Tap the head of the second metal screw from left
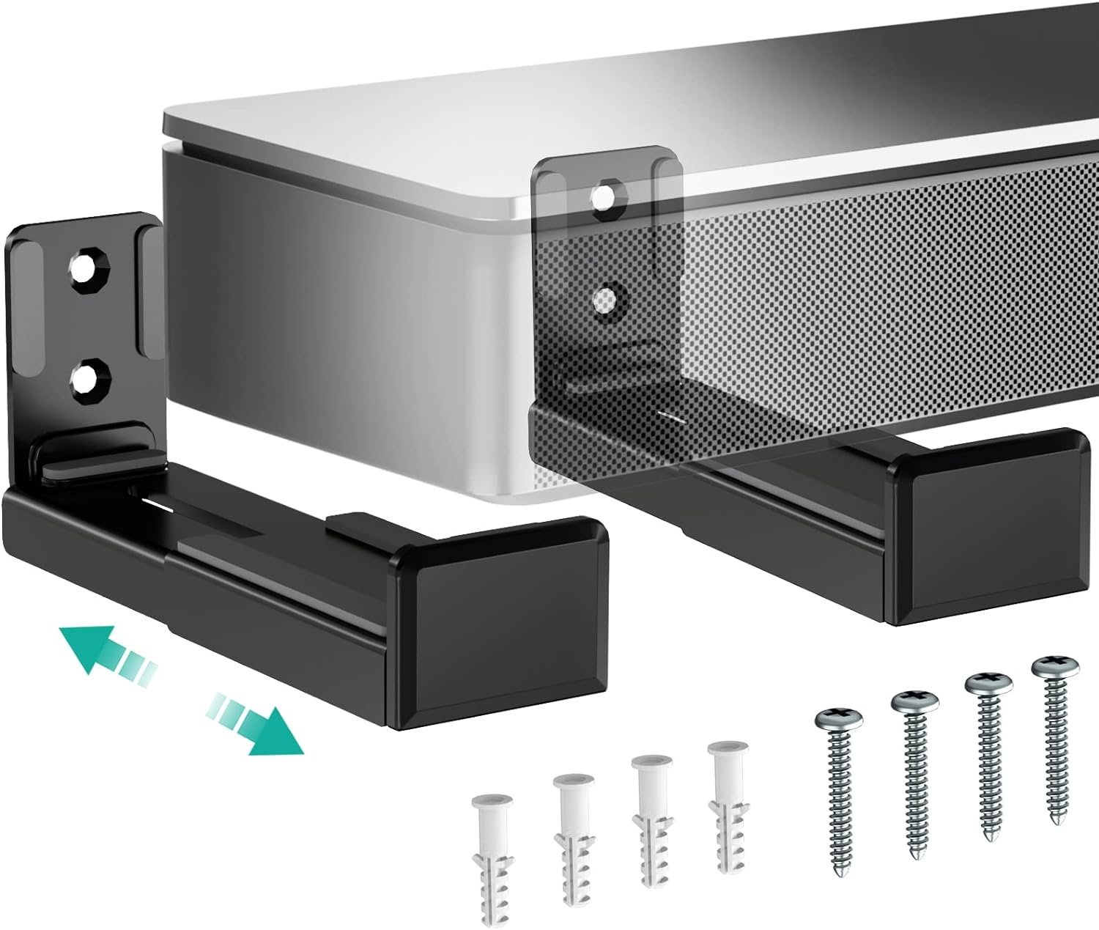pos(915,701)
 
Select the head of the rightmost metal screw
pos(1055,668)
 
